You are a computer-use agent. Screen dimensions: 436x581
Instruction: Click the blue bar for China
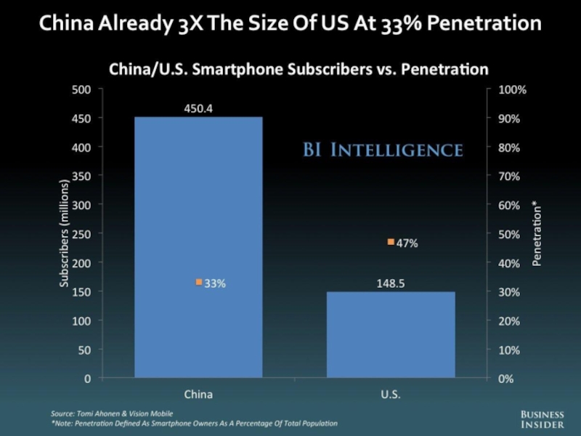(198, 247)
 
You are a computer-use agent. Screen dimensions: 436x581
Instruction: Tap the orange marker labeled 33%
(199, 283)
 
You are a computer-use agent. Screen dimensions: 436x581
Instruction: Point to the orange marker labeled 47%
(391, 242)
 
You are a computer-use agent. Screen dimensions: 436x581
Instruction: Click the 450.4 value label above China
(198, 108)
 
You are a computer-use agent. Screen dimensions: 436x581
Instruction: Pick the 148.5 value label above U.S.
(391, 284)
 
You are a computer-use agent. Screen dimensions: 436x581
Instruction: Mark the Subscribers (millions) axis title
(65, 234)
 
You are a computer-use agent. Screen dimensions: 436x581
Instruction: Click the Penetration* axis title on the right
(537, 234)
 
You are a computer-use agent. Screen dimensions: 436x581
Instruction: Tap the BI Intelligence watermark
(382, 150)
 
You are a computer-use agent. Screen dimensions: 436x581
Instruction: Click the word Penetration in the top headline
(480, 23)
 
